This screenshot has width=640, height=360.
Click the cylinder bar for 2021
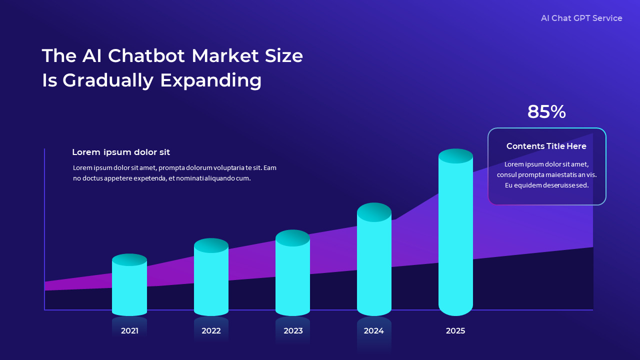pyautogui.click(x=129, y=287)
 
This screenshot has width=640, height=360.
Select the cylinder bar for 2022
pyautogui.click(x=211, y=280)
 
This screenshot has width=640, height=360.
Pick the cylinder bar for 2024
pyautogui.click(x=374, y=262)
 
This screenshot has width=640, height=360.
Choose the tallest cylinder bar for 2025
pyautogui.click(x=455, y=235)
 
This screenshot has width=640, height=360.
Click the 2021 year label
pyautogui.click(x=129, y=330)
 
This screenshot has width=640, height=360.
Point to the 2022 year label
pyautogui.click(x=211, y=330)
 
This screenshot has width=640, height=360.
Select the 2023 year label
pyautogui.click(x=293, y=330)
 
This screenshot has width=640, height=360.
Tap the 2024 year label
pyautogui.click(x=373, y=330)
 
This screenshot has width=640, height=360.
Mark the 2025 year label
pyautogui.click(x=455, y=330)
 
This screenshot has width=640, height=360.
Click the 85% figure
pyautogui.click(x=546, y=112)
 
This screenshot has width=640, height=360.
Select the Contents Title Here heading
pyautogui.click(x=546, y=146)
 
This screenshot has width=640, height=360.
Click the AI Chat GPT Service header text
pyautogui.click(x=581, y=18)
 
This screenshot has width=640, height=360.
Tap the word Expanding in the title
pyautogui.click(x=210, y=80)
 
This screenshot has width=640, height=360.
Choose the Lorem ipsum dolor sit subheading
pyautogui.click(x=121, y=152)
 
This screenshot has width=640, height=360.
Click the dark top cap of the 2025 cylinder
pyautogui.click(x=455, y=156)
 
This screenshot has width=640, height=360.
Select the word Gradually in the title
pyautogui.click(x=108, y=80)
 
